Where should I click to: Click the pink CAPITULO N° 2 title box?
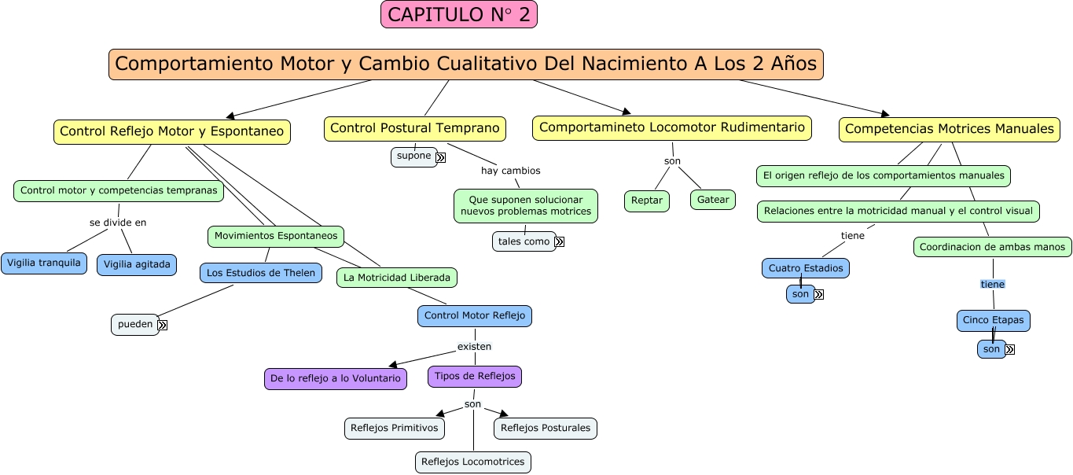pyautogui.click(x=459, y=14)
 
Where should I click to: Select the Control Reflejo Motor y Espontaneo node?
pyautogui.click(x=171, y=131)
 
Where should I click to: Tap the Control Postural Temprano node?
pyautogui.click(x=414, y=128)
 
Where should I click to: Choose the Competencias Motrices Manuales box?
pyautogui.click(x=949, y=129)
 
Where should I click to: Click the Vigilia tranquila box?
pyautogui.click(x=44, y=263)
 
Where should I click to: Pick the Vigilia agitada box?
pyautogui.click(x=137, y=264)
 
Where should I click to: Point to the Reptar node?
pyautogui.click(x=647, y=201)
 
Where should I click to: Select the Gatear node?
pyautogui.click(x=713, y=200)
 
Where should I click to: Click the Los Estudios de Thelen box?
pyautogui.click(x=261, y=273)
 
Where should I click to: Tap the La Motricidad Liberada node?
pyautogui.click(x=397, y=277)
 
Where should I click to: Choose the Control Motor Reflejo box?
pyautogui.click(x=475, y=315)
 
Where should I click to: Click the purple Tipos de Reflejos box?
pyautogui.click(x=475, y=376)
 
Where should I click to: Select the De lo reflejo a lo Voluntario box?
pyautogui.click(x=336, y=378)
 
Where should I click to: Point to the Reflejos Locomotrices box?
pyautogui.click(x=472, y=462)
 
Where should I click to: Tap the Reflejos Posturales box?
pyautogui.click(x=546, y=428)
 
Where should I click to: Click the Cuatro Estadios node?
pyautogui.click(x=806, y=268)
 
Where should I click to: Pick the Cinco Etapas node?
pyautogui.click(x=993, y=320)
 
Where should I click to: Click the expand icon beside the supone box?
pyautogui.click(x=440, y=157)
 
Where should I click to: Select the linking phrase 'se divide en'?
pyautogui.click(x=118, y=223)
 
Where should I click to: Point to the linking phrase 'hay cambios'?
pyautogui.click(x=511, y=171)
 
